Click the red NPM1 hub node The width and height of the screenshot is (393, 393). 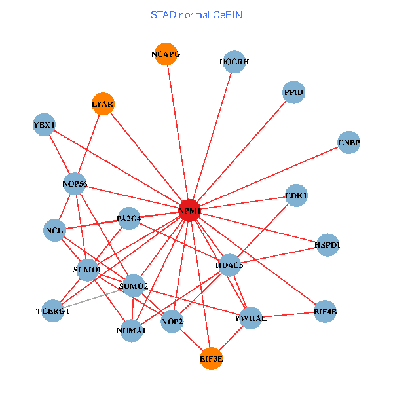pos(189,210)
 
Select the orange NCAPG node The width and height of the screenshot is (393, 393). pos(166,54)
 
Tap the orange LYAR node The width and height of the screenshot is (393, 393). pos(103,104)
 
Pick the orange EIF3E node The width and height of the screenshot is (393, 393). pos(211,358)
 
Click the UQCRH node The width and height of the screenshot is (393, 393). pos(234,62)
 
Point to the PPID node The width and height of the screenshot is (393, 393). pos(294,93)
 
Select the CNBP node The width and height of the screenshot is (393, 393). pos(349,142)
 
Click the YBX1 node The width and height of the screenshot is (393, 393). pos(45,124)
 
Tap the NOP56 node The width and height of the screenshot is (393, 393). pos(75,184)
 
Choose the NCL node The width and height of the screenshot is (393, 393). pos(54,231)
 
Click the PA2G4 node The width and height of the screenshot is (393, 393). pos(129,218)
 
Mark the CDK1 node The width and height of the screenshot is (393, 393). pos(297,196)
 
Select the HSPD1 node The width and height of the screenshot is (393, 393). pos(327,245)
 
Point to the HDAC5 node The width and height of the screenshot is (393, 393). pos(229,265)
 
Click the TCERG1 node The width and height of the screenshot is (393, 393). pos(53,311)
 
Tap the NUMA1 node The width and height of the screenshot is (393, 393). pos(132,331)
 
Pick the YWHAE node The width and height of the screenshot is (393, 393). pos(251,318)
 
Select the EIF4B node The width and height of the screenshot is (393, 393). pos(325,312)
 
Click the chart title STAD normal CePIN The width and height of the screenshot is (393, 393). pos(196,14)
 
